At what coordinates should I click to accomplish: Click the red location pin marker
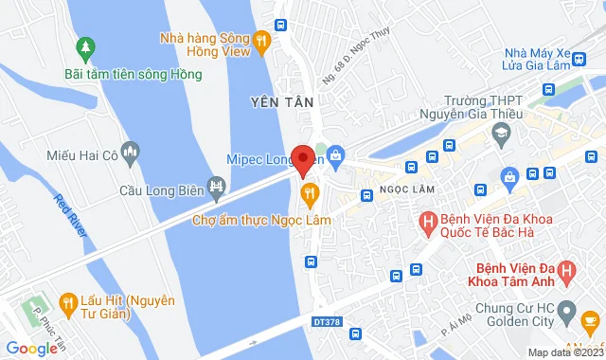coord(303,159)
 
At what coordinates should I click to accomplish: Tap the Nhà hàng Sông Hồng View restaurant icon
coord(262,39)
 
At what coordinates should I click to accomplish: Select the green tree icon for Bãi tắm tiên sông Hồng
coord(86,45)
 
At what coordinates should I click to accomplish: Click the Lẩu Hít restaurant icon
coord(67,303)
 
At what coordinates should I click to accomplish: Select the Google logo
coord(31,349)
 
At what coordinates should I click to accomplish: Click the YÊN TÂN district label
coord(275,100)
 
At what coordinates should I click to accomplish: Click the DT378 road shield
coord(324,322)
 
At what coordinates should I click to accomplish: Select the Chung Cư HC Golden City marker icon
coord(566,311)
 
